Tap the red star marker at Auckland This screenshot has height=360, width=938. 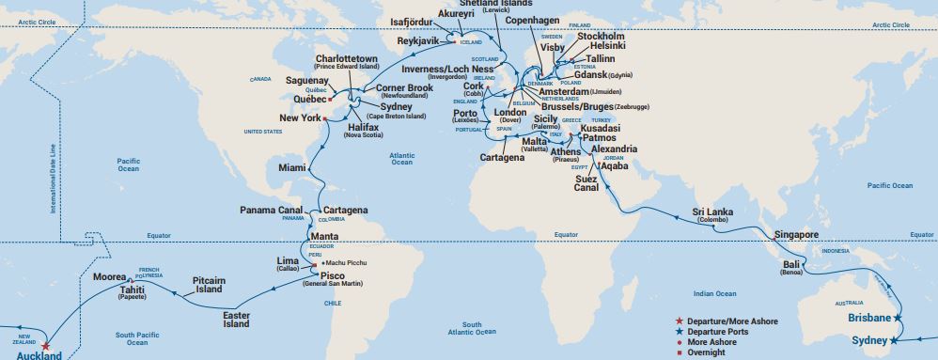click(x=45, y=345)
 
